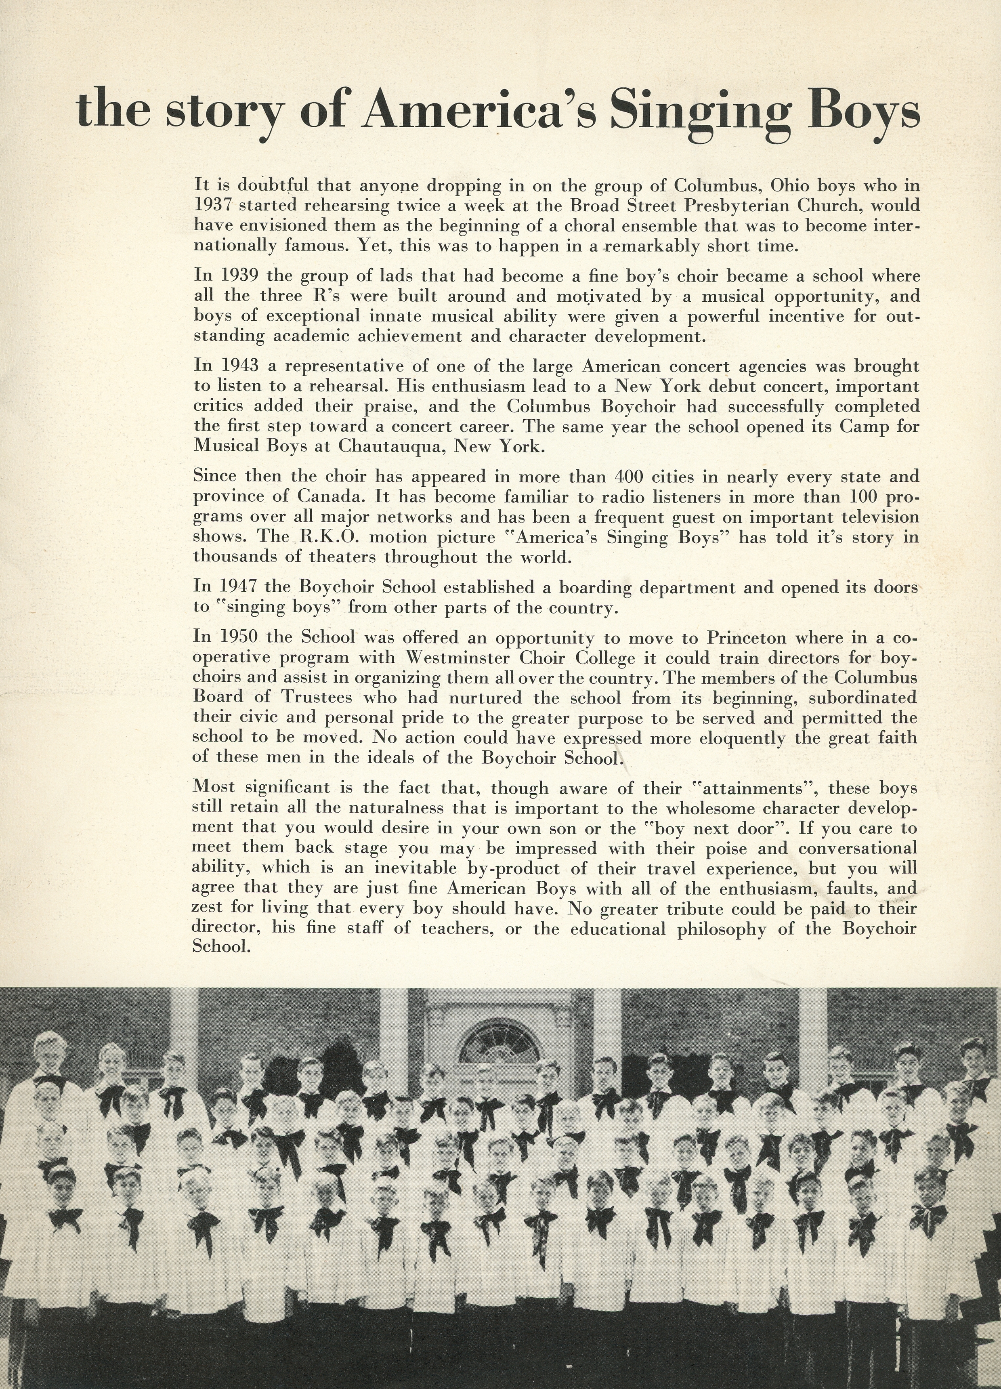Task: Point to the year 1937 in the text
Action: [x=212, y=205]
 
